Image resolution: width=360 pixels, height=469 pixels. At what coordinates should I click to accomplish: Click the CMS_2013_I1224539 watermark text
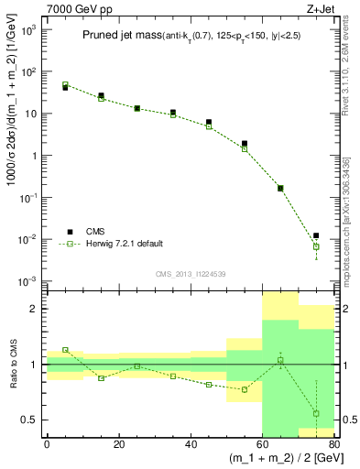pos(190,273)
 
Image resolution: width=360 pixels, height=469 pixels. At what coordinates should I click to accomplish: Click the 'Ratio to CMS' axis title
pos(12,365)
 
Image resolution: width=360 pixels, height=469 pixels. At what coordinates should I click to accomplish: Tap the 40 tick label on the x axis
pos(191,444)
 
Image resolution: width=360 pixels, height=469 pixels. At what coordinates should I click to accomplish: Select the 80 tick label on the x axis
pos(334,444)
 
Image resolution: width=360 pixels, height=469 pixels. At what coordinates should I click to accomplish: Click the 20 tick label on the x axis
pos(118,444)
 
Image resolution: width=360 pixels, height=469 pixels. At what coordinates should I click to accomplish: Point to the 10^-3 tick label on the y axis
pos(29,281)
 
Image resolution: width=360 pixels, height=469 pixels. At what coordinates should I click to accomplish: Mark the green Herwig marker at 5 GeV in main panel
pos(65,85)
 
